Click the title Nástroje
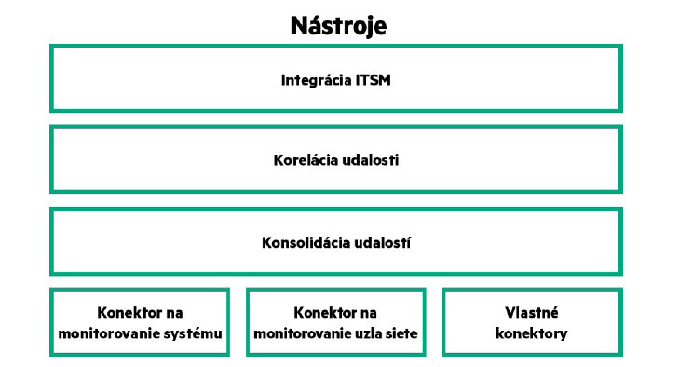pyautogui.click(x=337, y=25)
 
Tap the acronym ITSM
pyautogui.click(x=373, y=80)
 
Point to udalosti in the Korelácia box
pyautogui.click(x=371, y=160)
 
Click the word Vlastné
pyautogui.click(x=531, y=313)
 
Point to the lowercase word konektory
pyautogui.click(x=531, y=333)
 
